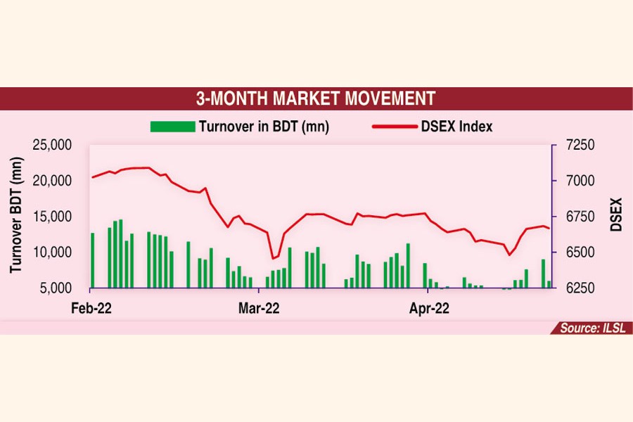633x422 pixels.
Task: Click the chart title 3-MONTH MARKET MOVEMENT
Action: [x=315, y=98]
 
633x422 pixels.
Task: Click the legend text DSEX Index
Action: [x=456, y=127]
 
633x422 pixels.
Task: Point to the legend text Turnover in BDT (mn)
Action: [x=264, y=127]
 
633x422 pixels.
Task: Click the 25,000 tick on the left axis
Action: [x=53, y=145]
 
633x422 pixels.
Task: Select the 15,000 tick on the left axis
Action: [x=53, y=217]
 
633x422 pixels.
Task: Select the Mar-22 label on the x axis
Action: [x=258, y=307]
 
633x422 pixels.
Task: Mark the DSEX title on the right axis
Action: [x=616, y=217]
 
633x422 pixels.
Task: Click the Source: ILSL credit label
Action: [x=590, y=328]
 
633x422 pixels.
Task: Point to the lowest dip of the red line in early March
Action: [x=274, y=258]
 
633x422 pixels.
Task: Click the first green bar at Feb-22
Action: [x=92, y=260]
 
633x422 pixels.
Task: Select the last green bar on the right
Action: [x=549, y=284]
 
